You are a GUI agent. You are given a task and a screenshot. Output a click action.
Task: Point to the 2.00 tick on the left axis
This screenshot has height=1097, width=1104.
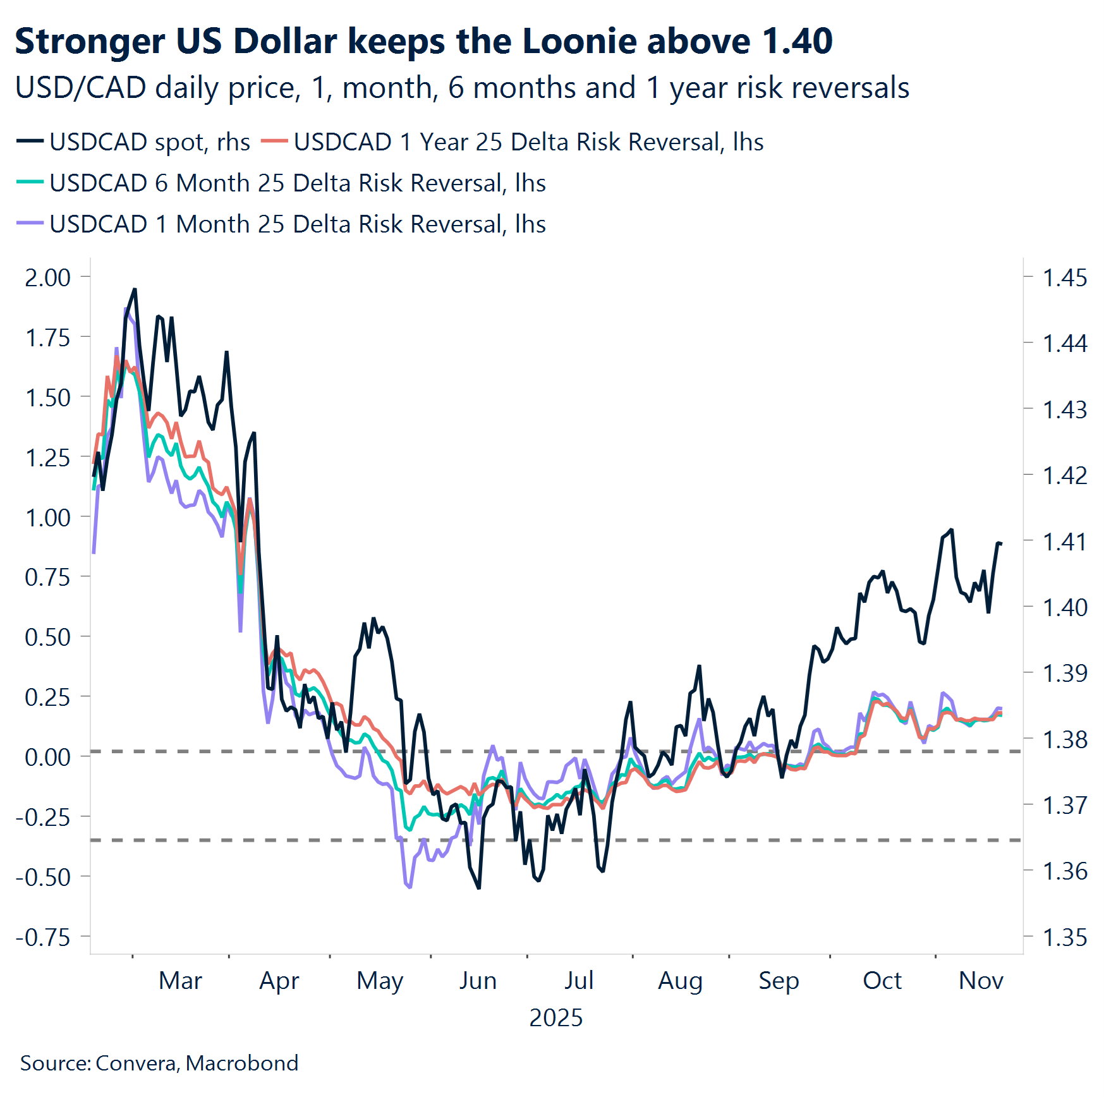[47, 277]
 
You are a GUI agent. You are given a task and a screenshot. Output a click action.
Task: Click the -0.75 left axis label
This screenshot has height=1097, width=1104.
[44, 937]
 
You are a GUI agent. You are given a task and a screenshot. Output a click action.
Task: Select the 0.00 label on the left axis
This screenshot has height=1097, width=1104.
[47, 757]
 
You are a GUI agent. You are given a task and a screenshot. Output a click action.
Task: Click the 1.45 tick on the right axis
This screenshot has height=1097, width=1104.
[1064, 277]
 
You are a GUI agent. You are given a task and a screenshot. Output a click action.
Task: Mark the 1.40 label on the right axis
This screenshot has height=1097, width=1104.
[1064, 607]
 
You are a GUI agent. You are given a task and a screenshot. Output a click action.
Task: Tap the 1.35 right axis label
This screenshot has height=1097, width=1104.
[1064, 937]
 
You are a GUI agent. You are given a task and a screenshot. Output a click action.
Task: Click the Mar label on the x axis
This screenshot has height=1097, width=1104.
[180, 981]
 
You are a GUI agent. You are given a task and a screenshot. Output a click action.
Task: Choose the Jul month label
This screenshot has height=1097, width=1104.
[578, 981]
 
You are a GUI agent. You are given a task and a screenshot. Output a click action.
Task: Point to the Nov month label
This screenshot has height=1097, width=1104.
[981, 981]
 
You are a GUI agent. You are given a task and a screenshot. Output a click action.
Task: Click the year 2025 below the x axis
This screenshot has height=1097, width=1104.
[555, 1018]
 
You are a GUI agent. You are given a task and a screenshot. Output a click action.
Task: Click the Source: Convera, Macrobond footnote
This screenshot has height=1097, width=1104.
[159, 1063]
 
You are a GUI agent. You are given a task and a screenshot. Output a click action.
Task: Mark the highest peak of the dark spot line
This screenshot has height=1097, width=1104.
[135, 289]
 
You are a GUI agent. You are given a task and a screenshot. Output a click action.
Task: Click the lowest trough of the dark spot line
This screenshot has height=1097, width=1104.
[478, 888]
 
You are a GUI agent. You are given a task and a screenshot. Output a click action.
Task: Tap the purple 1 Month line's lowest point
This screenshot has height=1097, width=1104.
[409, 887]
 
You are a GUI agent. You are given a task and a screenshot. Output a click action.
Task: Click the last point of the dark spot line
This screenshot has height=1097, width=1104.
[1001, 543]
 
